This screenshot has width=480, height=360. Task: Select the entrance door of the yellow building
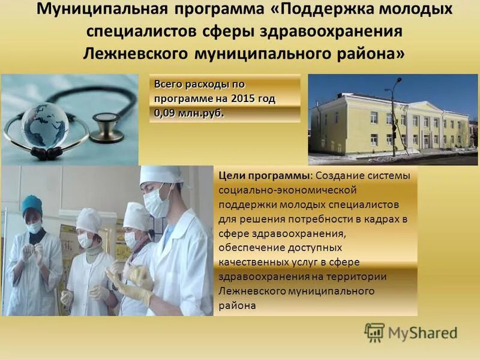point(427,140)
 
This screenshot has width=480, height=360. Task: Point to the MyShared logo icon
point(374,332)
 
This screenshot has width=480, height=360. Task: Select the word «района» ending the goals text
point(237,305)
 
